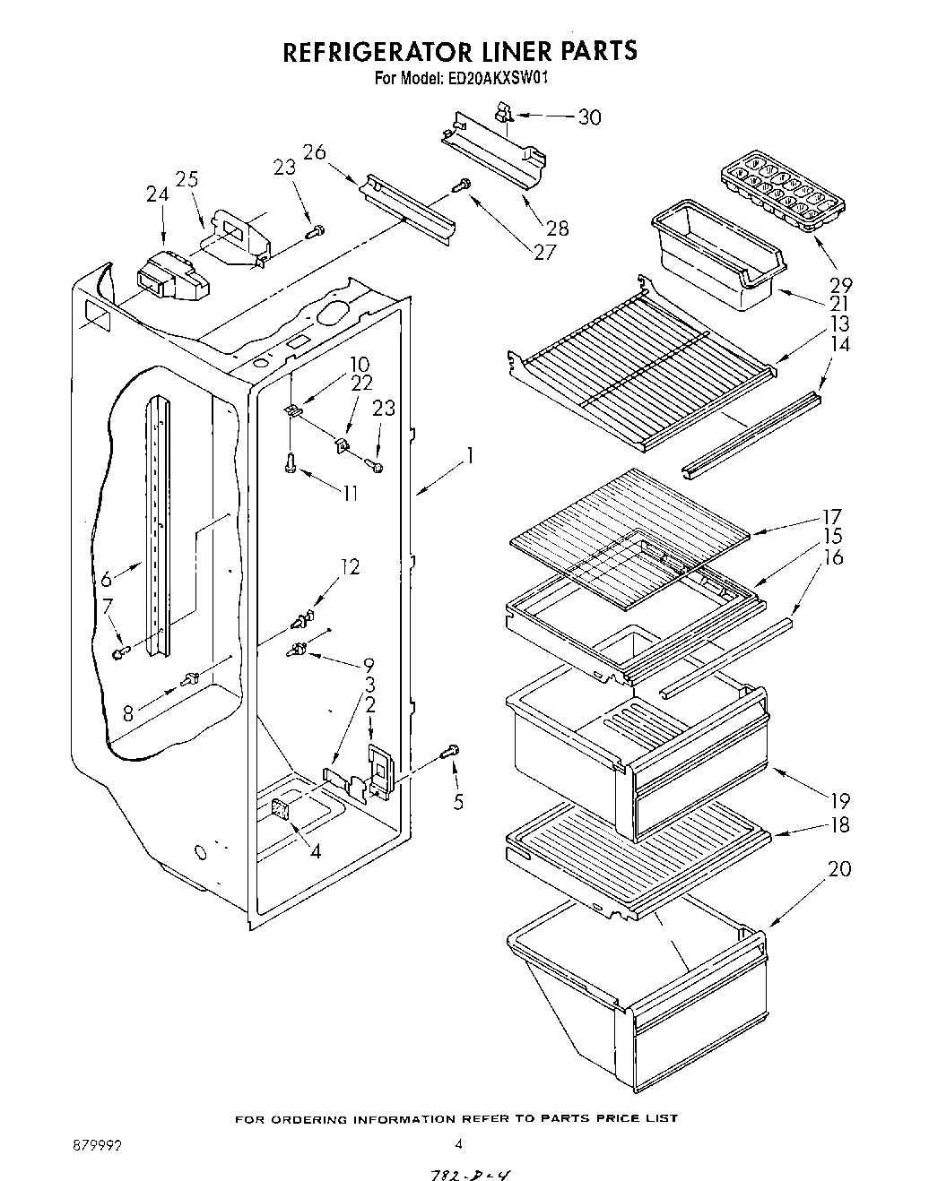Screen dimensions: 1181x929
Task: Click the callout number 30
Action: pyautogui.click(x=589, y=117)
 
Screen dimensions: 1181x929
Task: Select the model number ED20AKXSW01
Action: pyautogui.click(x=496, y=78)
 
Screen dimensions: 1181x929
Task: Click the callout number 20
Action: pyautogui.click(x=840, y=868)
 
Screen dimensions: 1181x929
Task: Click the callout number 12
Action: pyautogui.click(x=350, y=566)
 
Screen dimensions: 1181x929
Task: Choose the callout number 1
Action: pyautogui.click(x=468, y=456)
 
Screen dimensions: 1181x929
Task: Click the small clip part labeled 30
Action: pyautogui.click(x=505, y=112)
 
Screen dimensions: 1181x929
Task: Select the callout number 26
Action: pyautogui.click(x=313, y=152)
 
